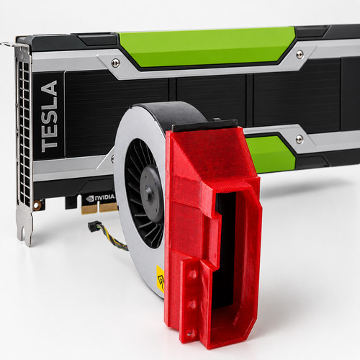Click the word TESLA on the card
[x=50, y=116]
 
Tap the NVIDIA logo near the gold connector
[x=101, y=198]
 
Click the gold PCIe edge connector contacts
[x=99, y=208]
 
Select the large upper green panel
[x=207, y=47]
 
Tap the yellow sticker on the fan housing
[x=161, y=279]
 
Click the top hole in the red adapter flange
[x=193, y=274]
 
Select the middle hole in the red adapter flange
[x=192, y=305]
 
